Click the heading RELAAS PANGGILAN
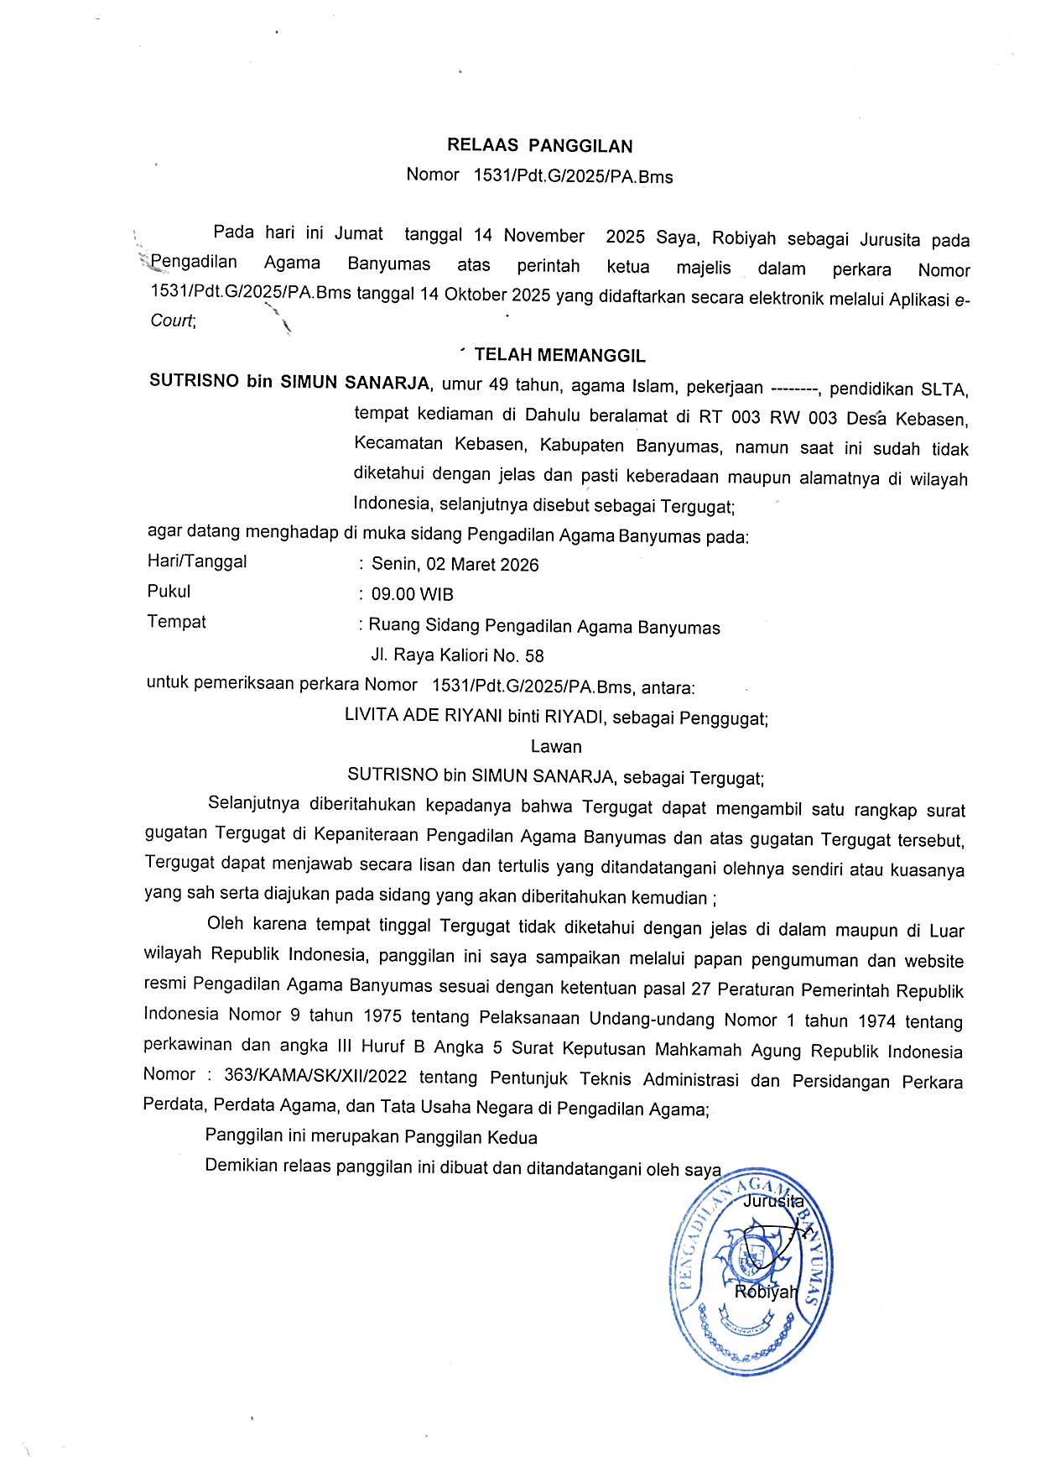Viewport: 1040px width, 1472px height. (539, 146)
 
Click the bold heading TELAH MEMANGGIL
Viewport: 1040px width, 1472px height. (559, 356)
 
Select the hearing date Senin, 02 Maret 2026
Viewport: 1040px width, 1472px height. (455, 564)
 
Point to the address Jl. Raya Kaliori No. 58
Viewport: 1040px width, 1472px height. (457, 655)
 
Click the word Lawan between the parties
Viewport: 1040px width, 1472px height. (556, 746)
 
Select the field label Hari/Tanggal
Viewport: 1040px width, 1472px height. (197, 561)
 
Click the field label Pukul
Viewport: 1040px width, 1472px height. (169, 591)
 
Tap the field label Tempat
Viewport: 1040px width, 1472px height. (176, 622)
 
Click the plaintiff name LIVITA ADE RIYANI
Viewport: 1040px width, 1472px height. (424, 717)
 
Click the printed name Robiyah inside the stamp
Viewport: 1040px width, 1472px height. (764, 1292)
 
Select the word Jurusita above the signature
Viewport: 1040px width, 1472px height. (773, 1201)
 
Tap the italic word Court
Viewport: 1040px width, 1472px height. (172, 321)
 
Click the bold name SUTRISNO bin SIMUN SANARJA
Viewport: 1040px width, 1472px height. (289, 383)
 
